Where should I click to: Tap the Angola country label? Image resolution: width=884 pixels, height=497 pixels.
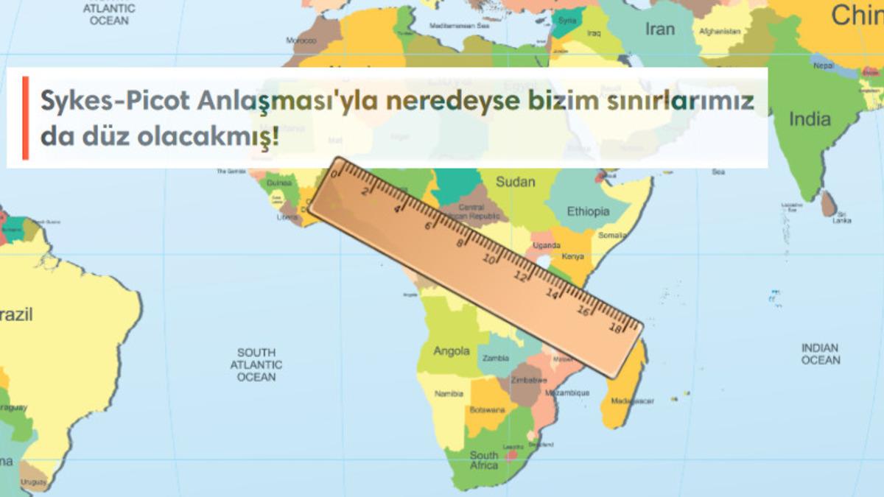(x=452, y=350)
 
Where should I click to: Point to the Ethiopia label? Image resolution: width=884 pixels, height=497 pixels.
(x=588, y=211)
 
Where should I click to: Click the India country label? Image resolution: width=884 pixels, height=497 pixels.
(x=810, y=119)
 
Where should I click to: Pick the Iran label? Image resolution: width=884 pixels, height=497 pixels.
(x=659, y=29)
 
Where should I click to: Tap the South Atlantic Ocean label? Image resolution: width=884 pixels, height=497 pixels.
(x=256, y=364)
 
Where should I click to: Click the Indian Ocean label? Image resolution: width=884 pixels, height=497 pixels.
(x=821, y=353)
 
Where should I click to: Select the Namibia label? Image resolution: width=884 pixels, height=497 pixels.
(x=449, y=394)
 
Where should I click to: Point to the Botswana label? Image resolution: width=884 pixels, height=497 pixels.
(x=488, y=409)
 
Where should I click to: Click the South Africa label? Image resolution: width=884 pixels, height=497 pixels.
(x=484, y=460)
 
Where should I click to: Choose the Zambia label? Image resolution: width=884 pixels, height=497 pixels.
(x=495, y=359)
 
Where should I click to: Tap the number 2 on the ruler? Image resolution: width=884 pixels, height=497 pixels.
(x=366, y=191)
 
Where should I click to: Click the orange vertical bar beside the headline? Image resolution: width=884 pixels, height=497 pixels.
(x=25, y=118)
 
